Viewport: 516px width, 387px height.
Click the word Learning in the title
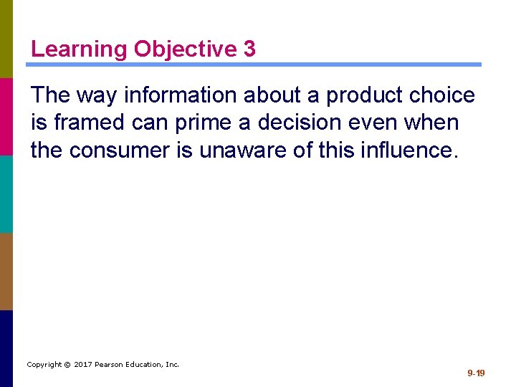(x=80, y=49)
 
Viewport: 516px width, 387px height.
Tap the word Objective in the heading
(x=185, y=49)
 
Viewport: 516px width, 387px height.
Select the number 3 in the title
(x=249, y=49)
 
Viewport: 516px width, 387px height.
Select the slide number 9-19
(x=476, y=373)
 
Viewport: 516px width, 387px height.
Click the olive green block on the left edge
(x=6, y=39)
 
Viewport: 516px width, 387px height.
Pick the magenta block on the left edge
(x=6, y=116)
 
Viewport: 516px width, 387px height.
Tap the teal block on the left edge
(x=6, y=193)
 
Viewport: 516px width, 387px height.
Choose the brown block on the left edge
(x=6, y=271)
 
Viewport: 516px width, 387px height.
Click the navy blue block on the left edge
(x=6, y=348)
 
